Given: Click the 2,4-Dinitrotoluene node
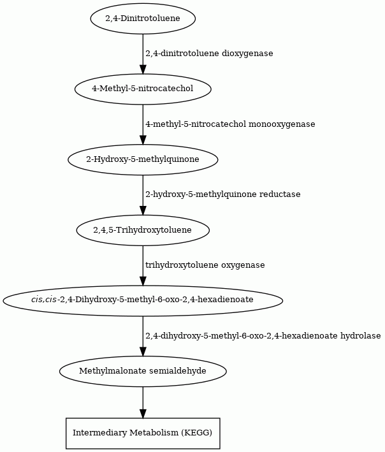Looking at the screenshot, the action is coord(143,18).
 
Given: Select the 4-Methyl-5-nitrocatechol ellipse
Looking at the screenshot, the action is coord(143,89).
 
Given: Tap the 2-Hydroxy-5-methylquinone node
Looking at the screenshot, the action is coord(143,159).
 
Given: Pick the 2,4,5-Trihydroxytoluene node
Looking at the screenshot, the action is coord(143,230).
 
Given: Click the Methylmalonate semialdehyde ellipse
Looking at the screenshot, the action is coord(143,371).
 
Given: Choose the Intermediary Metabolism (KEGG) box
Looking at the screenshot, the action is coord(143,434).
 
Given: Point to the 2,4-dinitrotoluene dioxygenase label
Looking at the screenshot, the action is coord(209,54).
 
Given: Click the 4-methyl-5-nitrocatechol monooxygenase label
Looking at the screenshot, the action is coord(230,124).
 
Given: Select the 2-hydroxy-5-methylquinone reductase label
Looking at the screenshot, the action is coord(222,194).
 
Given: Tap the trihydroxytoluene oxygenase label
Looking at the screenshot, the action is coord(205,265).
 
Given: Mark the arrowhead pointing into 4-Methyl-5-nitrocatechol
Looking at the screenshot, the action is coord(143,69).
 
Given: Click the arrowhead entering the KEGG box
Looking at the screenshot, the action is coord(143,413).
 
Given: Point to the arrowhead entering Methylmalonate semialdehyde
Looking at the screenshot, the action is coord(143,352).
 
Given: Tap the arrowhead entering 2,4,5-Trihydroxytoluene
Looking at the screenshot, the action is coord(143,210).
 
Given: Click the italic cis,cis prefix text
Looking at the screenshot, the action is coord(44,300).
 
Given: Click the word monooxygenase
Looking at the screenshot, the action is coord(282,124).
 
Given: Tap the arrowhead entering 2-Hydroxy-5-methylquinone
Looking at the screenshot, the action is coord(143,140).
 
